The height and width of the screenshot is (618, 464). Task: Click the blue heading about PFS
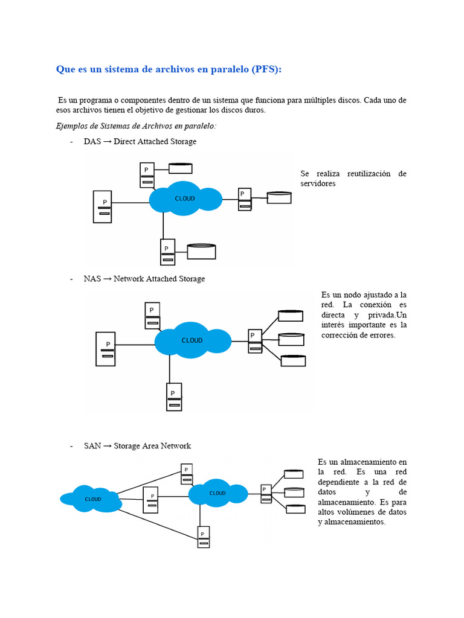pos(169,69)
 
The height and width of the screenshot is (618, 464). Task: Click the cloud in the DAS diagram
pos(185,199)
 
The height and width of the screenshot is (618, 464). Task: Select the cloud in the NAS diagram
pos(192,340)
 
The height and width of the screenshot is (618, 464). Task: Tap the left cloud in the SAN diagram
pos(92,499)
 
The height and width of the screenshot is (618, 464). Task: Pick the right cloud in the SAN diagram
pos(217,493)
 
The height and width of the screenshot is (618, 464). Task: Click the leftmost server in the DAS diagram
pos(103,207)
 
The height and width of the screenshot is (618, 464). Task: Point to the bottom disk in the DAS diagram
pos(201,250)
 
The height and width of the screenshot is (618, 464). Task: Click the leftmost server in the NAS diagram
pos(106,349)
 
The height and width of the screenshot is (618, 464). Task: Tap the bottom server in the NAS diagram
pos(174,397)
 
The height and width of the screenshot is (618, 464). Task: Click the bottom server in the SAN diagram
pos(204,537)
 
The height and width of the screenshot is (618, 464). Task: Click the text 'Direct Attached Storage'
pos(155,141)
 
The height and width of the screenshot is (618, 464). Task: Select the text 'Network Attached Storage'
pos(159,279)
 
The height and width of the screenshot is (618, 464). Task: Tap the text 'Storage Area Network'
pos(152,446)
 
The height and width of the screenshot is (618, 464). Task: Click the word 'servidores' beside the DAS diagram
pos(318,183)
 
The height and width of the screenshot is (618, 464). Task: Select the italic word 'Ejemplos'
pos(72,126)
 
